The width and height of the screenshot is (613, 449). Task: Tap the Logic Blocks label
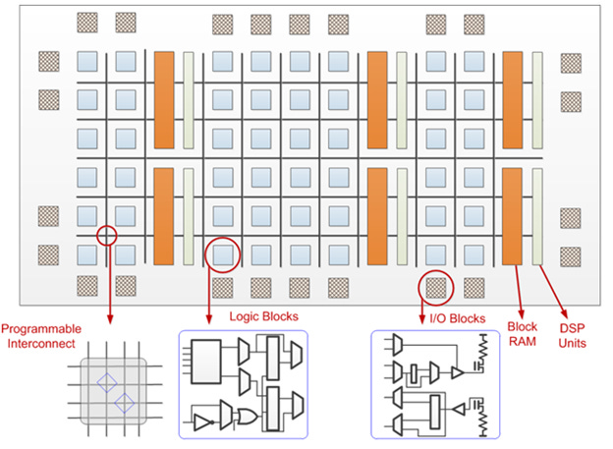pos(263,316)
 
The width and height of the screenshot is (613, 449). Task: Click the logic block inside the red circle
pos(222,253)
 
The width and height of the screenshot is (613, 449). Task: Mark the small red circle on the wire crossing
pos(106,235)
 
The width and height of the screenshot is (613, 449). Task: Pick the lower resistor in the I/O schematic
pos(483,421)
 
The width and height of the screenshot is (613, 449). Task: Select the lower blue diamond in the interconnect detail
pos(125,402)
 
